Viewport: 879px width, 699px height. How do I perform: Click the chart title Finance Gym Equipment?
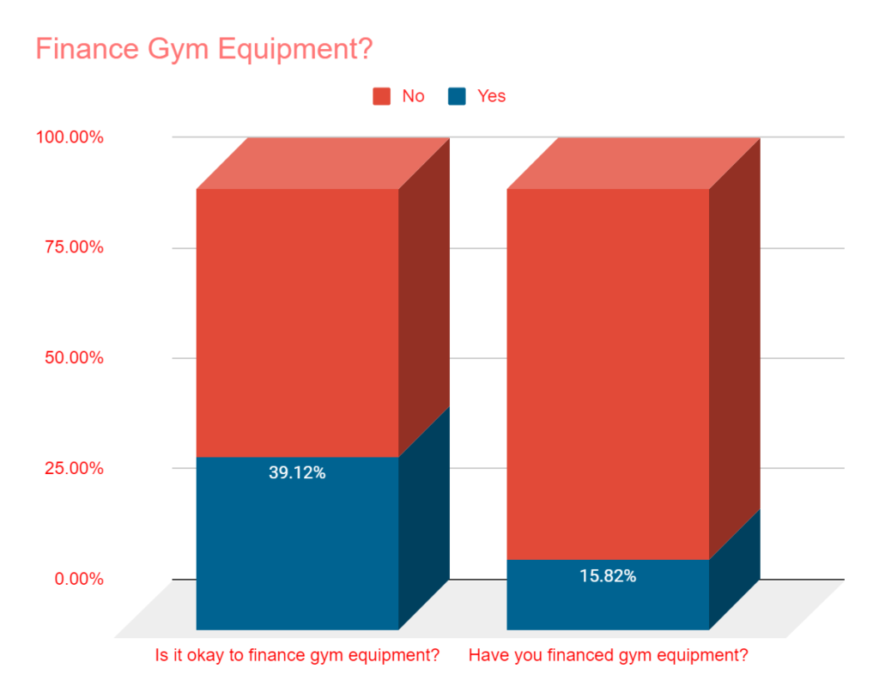point(203,49)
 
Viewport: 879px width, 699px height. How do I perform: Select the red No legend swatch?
point(381,96)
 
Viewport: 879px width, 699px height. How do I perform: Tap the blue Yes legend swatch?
point(457,96)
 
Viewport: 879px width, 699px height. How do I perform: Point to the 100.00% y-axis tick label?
point(70,137)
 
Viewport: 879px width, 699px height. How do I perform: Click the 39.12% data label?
point(297,472)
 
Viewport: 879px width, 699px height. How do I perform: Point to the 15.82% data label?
point(608,576)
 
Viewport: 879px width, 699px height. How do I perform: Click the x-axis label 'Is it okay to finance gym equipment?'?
point(297,656)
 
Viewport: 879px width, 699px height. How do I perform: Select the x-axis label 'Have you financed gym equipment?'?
point(608,656)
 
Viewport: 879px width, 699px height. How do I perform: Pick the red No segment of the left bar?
point(297,322)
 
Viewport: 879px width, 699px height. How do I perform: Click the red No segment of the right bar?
point(608,374)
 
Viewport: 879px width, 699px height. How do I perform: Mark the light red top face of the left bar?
point(323,163)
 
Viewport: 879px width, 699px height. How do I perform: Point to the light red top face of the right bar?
point(633,163)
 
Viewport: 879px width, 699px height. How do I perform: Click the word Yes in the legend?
point(492,96)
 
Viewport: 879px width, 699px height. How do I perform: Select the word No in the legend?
point(413,96)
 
